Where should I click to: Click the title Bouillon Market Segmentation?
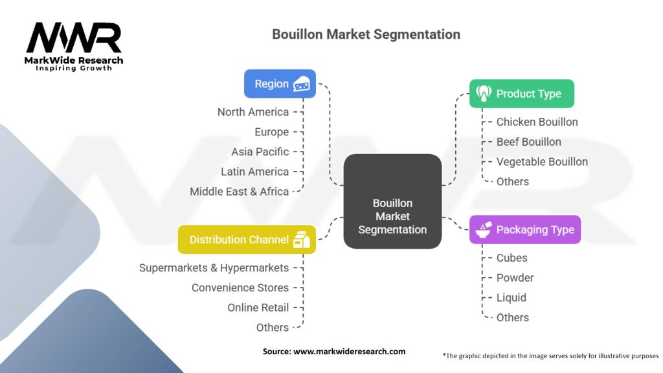(x=366, y=34)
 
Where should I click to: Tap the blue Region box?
(x=280, y=84)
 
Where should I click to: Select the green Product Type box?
(x=521, y=93)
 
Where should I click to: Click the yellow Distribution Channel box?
(x=247, y=240)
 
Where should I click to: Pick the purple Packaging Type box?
(x=524, y=229)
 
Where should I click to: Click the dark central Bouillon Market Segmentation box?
(x=392, y=201)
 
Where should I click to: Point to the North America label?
(x=253, y=112)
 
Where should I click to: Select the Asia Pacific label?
(x=260, y=152)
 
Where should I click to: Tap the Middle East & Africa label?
(x=240, y=192)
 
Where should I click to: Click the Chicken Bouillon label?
(x=537, y=122)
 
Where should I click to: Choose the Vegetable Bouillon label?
(x=542, y=162)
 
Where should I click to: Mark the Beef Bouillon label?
(x=528, y=142)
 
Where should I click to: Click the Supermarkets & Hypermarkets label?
(x=214, y=267)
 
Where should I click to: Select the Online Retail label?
(x=258, y=308)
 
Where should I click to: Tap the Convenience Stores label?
(x=240, y=288)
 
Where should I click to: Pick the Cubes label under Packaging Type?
(x=511, y=258)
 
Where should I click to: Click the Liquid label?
(x=511, y=298)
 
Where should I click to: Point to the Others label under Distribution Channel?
(x=273, y=328)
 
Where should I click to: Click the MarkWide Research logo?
(x=74, y=47)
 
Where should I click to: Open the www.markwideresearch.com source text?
(x=349, y=352)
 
